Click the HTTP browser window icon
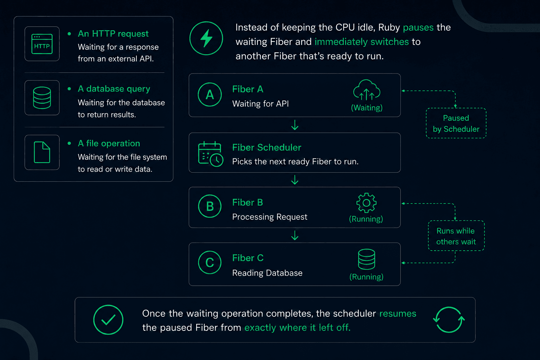(x=42, y=44)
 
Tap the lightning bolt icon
(x=206, y=38)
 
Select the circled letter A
(x=210, y=95)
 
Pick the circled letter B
(x=210, y=206)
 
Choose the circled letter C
(x=210, y=262)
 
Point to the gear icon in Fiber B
(x=366, y=203)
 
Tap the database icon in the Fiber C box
(x=366, y=259)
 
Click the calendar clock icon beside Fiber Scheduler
(x=211, y=154)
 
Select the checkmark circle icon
(x=108, y=320)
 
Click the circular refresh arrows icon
(x=449, y=320)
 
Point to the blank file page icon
(x=42, y=152)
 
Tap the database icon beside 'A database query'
(x=42, y=98)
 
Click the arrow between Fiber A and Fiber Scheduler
(x=295, y=125)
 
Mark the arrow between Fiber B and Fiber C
(x=295, y=235)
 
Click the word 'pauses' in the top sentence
(x=418, y=28)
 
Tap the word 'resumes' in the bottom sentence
(x=398, y=314)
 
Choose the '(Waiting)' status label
(x=367, y=108)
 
